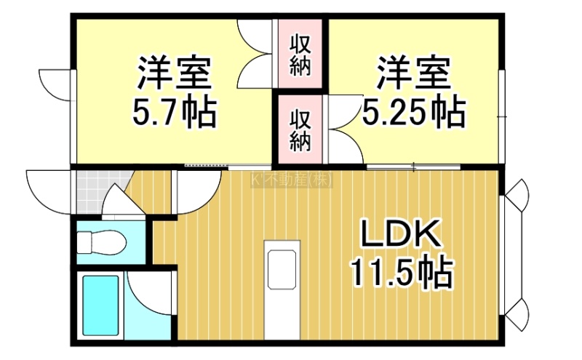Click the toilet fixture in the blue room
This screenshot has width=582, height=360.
coord(101,242)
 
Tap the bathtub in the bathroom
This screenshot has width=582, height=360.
coord(100,305)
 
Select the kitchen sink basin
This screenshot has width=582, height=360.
coord(282,269)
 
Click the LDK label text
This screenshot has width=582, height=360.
coord(402,233)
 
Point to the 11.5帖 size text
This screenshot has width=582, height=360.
coord(402,273)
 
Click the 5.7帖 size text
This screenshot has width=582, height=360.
coord(175,111)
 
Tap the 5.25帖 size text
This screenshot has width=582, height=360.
coord(414,111)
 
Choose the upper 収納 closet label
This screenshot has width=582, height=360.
coord(300,55)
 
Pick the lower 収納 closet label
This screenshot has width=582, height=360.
coord(300,130)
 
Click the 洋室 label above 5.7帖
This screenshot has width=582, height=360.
coord(175,73)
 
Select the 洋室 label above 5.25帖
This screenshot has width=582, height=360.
coord(414,73)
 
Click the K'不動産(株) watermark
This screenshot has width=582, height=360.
coord(292,181)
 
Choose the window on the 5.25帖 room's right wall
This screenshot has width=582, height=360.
coord(501,116)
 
